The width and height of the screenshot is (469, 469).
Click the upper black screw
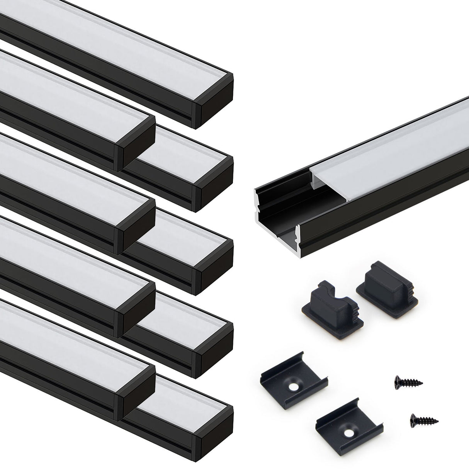(x=409, y=382)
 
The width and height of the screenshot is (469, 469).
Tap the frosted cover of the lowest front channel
(x=70, y=332)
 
